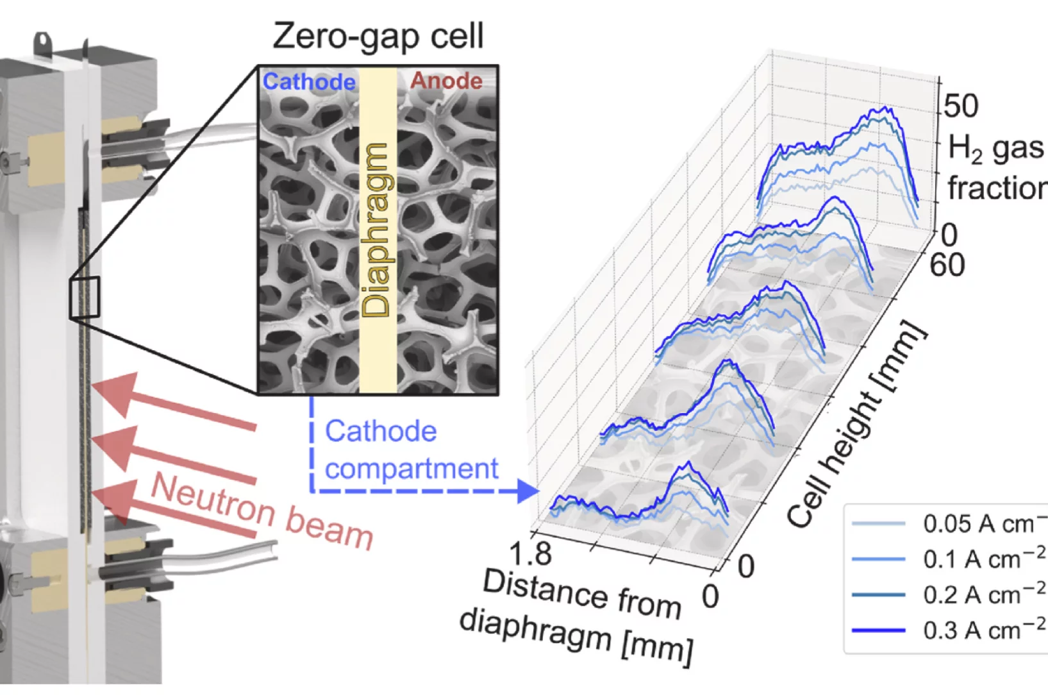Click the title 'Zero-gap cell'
click(x=378, y=36)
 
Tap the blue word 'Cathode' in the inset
click(x=309, y=81)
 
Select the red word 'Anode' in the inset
click(x=446, y=81)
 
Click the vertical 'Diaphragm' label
click(x=376, y=230)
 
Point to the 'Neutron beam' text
click(x=262, y=512)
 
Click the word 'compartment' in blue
click(x=411, y=469)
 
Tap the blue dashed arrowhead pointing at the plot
click(x=528, y=491)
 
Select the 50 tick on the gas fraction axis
click(x=961, y=106)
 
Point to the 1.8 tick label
click(x=530, y=553)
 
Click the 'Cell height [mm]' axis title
click(x=856, y=426)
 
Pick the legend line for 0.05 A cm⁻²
click(x=878, y=524)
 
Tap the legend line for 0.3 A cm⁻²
click(x=878, y=630)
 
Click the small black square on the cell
click(x=85, y=298)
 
